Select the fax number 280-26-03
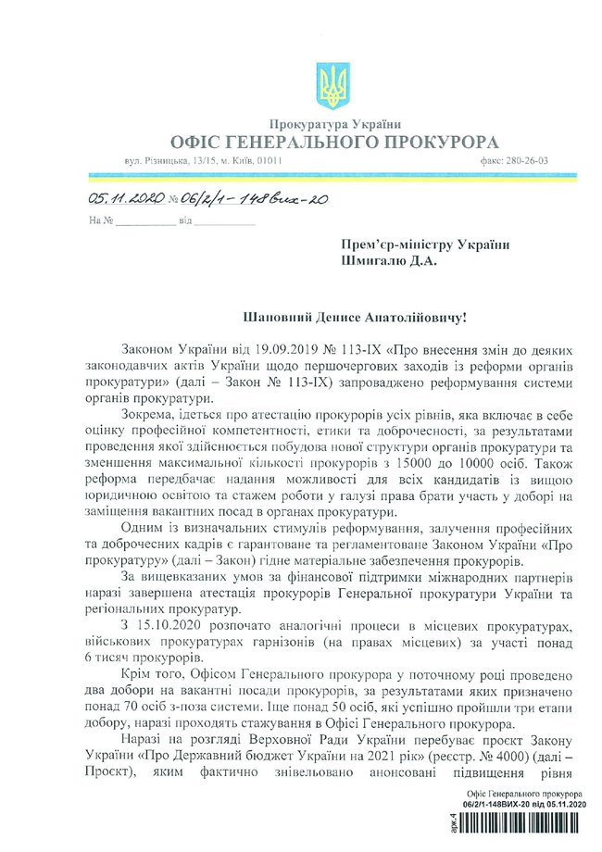pos(527,160)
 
